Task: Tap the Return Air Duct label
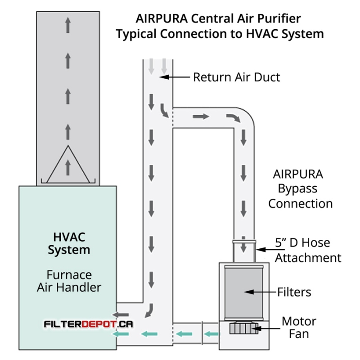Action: pos(236,77)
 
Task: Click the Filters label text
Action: pos(294,292)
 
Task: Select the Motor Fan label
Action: pos(299,328)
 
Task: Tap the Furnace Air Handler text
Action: pos(69,280)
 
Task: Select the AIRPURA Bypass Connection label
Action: pos(300,189)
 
